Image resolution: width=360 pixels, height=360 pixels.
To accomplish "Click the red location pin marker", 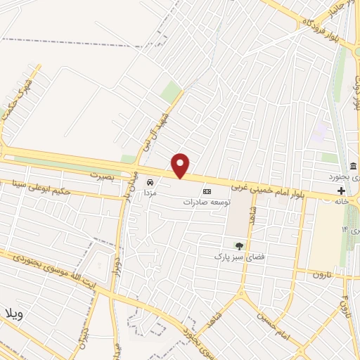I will pos(181,165).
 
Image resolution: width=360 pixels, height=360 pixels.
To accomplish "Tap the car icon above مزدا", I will pos(149,181).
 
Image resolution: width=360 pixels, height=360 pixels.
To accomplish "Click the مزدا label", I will pos(149,191).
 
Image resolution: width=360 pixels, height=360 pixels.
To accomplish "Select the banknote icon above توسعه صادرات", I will pos(207,191).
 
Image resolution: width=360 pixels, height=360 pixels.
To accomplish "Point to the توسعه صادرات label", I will pos(207,202).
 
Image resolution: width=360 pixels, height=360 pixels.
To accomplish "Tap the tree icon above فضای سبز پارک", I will pos(239,246).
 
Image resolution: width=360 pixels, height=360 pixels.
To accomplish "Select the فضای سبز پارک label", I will pos(239,257).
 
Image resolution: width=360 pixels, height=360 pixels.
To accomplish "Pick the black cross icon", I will pos(342,191).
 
